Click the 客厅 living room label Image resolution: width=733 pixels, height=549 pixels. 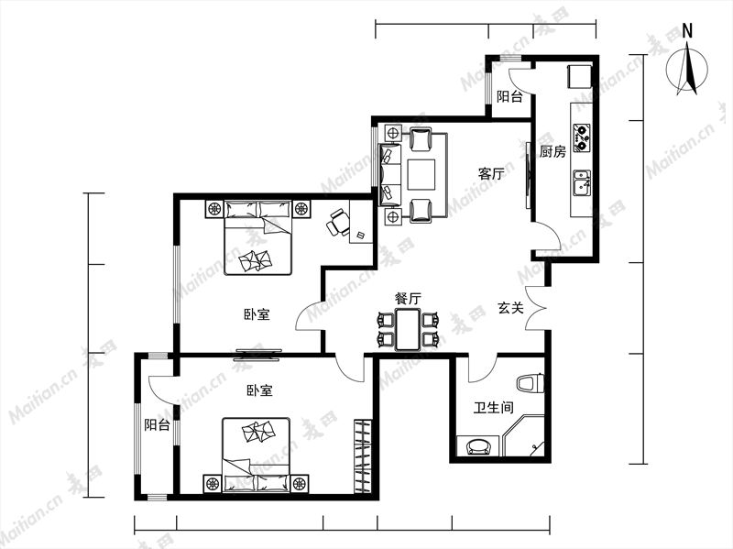click(491, 174)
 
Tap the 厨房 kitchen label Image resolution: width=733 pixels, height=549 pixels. click(552, 151)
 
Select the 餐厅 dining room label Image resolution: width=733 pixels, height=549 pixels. click(408, 299)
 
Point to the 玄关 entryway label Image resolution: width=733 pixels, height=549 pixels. click(510, 308)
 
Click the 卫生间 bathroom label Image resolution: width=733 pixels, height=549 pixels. click(494, 408)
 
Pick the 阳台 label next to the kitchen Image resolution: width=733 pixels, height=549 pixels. click(509, 97)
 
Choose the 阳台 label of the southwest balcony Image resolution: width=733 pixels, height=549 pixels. click(157, 425)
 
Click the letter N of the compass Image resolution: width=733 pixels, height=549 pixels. click(687, 31)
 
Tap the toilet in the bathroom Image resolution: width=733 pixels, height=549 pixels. click(531, 383)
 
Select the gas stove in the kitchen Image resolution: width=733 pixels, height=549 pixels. click(581, 137)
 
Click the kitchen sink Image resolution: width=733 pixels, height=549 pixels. click(582, 183)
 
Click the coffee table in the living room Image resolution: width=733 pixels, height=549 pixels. click(421, 174)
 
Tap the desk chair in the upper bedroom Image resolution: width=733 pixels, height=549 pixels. click(337, 222)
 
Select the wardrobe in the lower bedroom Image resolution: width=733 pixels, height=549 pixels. click(362, 456)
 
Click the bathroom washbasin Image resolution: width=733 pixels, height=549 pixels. click(478, 445)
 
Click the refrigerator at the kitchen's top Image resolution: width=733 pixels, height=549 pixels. click(580, 77)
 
